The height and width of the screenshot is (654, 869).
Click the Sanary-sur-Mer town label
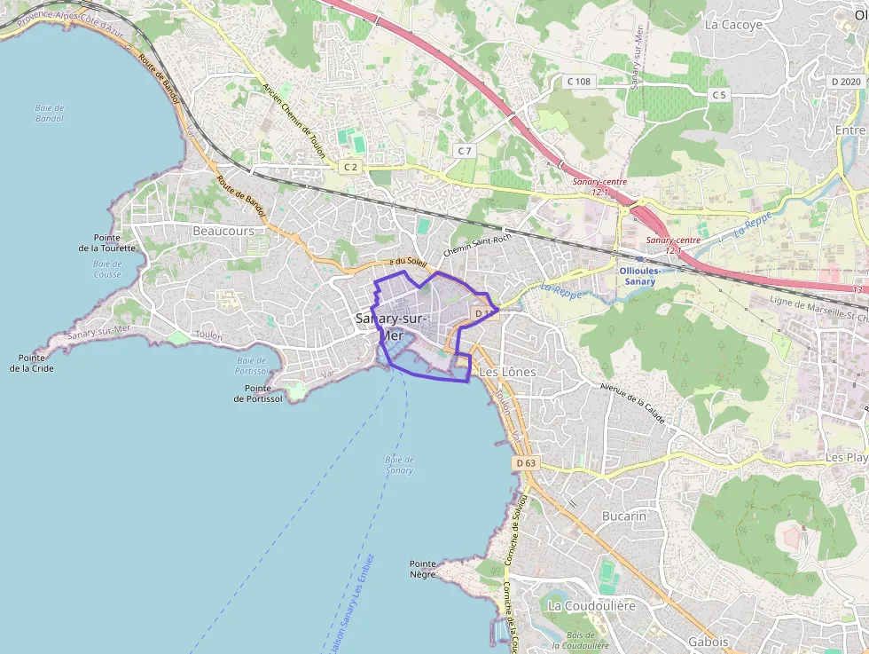click(x=391, y=327)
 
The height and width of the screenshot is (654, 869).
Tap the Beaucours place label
click(x=223, y=231)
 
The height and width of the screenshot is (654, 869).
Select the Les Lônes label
click(x=507, y=372)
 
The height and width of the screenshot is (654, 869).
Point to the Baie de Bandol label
click(x=50, y=113)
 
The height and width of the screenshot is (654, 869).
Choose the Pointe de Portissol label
click(x=258, y=393)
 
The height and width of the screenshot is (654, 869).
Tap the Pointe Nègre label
click(x=423, y=569)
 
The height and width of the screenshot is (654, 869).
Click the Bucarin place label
click(x=624, y=516)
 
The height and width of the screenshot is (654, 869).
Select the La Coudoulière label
click(x=592, y=605)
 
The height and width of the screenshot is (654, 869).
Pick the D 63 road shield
click(x=526, y=463)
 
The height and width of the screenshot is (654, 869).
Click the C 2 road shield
click(x=351, y=167)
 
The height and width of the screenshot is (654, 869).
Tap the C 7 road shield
click(x=465, y=151)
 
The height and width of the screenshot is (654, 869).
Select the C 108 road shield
click(x=578, y=82)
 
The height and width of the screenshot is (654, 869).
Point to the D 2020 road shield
click(x=846, y=82)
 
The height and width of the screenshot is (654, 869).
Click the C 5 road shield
click(x=718, y=95)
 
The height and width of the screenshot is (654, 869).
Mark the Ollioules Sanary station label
click(x=639, y=276)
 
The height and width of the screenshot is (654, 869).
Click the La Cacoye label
click(x=733, y=25)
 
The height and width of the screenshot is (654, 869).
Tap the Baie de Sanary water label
click(x=400, y=464)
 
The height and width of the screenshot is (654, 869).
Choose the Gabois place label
click(x=708, y=642)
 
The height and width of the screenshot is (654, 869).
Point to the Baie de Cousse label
click(x=107, y=269)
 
